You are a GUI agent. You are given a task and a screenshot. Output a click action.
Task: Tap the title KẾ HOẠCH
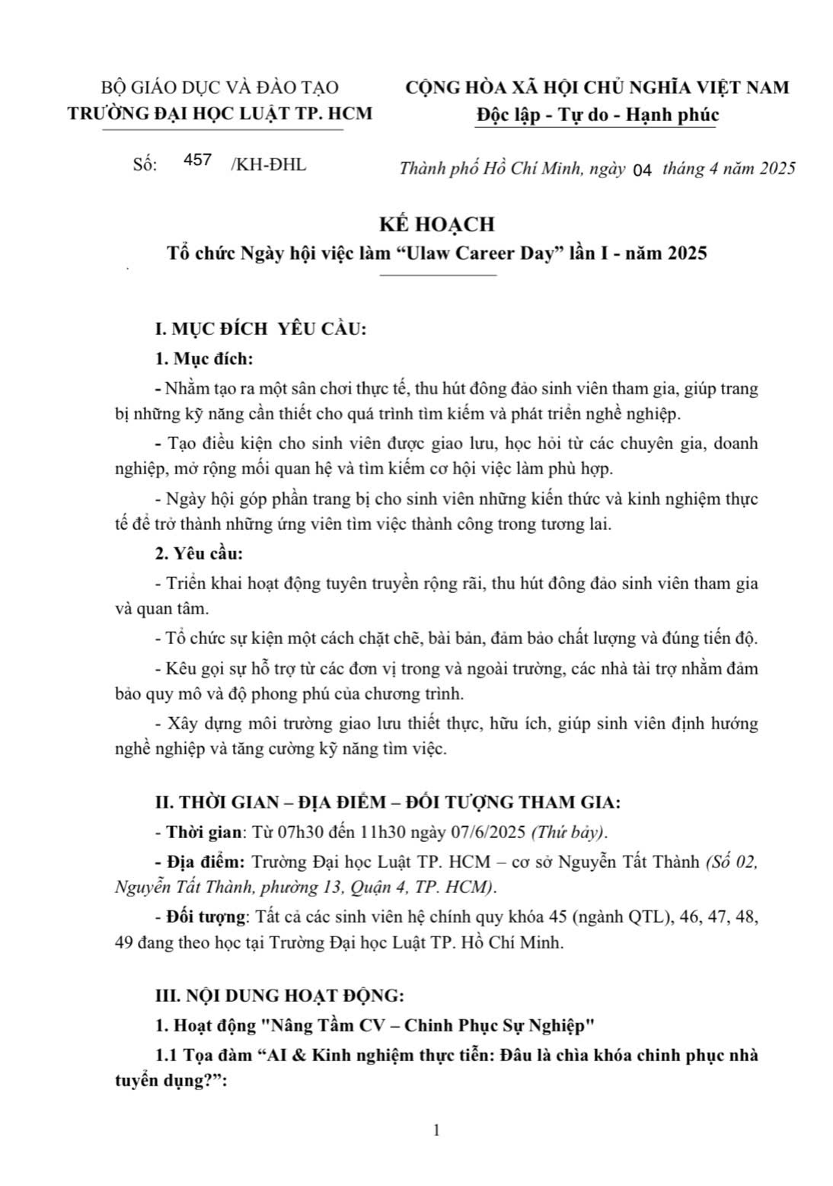click(437, 224)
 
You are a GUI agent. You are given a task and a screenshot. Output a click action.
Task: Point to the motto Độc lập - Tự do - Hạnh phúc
click(598, 115)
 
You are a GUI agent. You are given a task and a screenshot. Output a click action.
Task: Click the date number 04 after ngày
click(643, 171)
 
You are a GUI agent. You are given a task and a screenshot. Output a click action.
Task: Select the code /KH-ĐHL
click(268, 164)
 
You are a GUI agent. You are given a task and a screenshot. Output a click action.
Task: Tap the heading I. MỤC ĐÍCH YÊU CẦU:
click(261, 330)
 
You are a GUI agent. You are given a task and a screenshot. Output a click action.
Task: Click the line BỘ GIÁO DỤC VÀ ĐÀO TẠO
click(220, 88)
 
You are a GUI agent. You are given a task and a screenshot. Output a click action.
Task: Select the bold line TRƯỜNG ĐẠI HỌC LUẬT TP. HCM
click(221, 113)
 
